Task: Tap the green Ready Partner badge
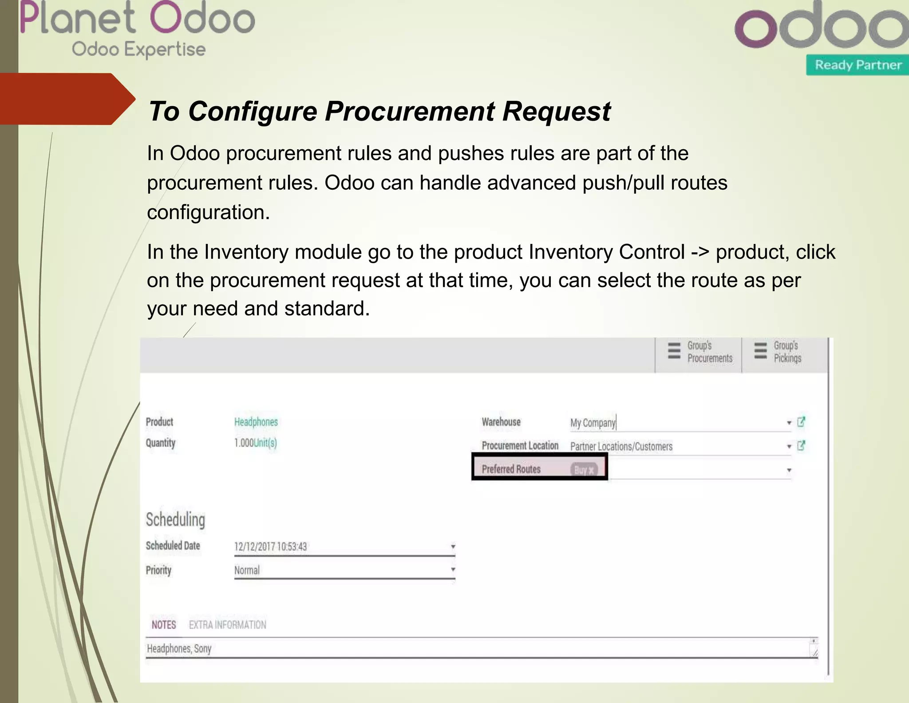(858, 65)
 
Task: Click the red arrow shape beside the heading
(67, 99)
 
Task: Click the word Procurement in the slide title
(409, 111)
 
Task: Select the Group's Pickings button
(779, 352)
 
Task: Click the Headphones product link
(256, 422)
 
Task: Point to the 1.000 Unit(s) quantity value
(255, 443)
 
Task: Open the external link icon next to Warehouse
(801, 422)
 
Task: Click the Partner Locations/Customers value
(621, 447)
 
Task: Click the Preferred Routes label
(511, 469)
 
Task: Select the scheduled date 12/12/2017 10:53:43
(270, 547)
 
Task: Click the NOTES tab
(164, 625)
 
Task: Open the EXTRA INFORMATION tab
(227, 625)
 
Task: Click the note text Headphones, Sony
(179, 649)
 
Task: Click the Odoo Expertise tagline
(138, 49)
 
